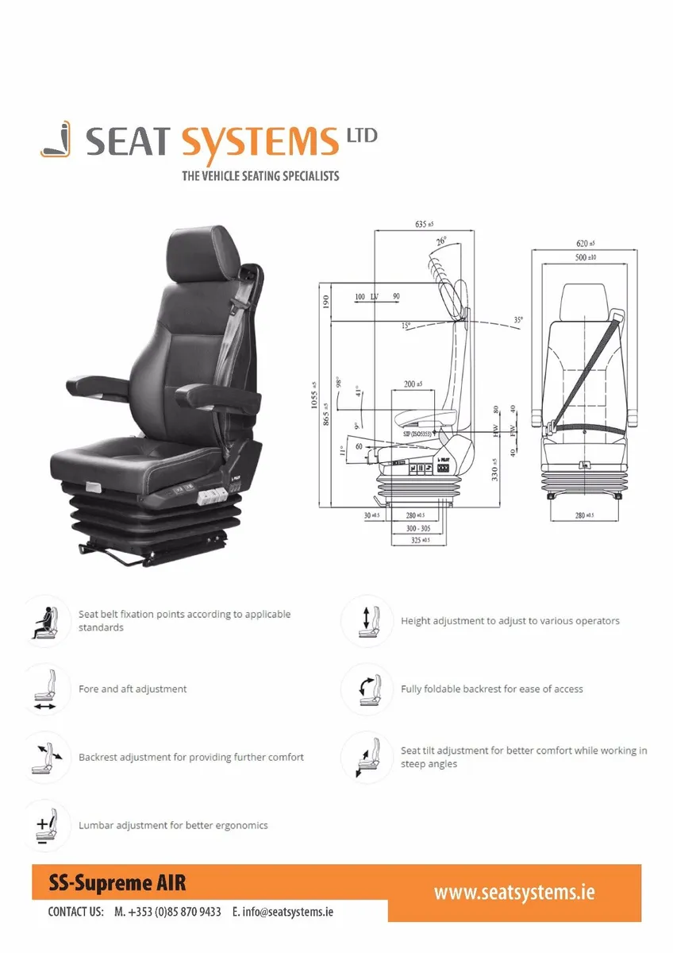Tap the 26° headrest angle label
point(441,240)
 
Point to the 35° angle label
point(518,320)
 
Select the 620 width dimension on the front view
point(586,243)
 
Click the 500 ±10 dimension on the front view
point(586,257)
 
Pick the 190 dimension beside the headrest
point(325,302)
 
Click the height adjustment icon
point(367,620)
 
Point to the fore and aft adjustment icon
point(44,689)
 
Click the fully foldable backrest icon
point(367,689)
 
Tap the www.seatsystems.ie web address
point(513,892)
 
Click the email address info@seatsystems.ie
point(283,912)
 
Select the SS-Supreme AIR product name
point(117,882)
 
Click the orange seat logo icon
point(56,140)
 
